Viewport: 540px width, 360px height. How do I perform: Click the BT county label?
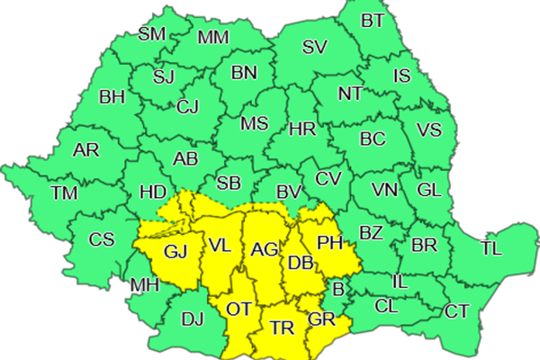[x=373, y=20]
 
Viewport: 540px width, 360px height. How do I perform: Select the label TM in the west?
[x=64, y=193]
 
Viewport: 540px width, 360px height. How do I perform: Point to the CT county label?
[x=457, y=311]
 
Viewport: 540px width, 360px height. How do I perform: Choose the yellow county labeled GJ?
[x=176, y=251]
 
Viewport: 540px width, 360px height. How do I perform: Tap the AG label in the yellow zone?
[x=265, y=249]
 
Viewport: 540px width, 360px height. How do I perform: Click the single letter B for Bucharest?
[x=338, y=290]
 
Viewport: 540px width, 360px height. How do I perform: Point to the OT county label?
[x=238, y=309]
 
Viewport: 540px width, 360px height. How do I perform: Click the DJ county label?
[x=193, y=318]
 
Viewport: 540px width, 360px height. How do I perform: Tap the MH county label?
[x=145, y=286]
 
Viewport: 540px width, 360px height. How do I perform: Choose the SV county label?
[x=314, y=48]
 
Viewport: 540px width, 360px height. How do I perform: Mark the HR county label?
[x=301, y=130]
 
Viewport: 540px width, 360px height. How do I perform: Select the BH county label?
[x=112, y=97]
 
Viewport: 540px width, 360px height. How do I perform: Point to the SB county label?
[x=229, y=184]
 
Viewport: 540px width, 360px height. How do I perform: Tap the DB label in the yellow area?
[x=300, y=263]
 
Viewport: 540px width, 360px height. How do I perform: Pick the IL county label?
[x=401, y=282]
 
